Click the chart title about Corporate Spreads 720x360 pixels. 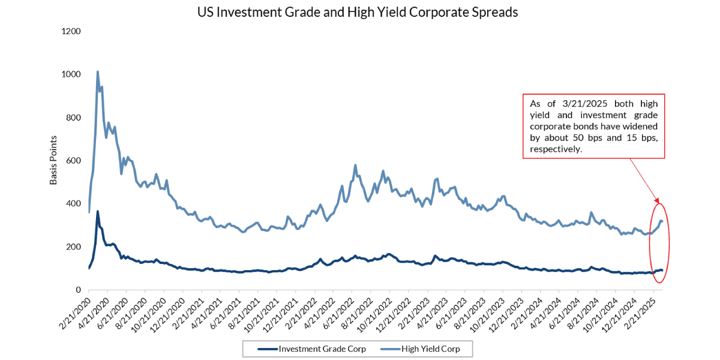(x=358, y=12)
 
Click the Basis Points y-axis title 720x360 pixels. (x=54, y=160)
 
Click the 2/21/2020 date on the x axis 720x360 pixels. (x=75, y=310)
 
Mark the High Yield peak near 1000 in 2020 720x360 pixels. (x=97, y=72)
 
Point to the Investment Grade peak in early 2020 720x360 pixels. (x=97, y=211)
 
